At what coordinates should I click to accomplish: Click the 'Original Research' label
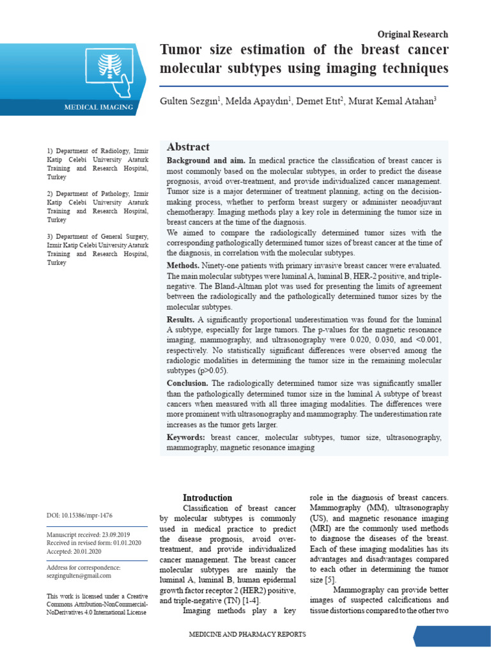(x=412, y=34)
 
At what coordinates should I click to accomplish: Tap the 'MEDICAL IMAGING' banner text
(x=98, y=107)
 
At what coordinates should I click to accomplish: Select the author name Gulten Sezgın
(x=190, y=102)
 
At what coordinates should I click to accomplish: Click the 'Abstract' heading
(x=188, y=147)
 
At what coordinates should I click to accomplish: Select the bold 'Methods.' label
(x=187, y=265)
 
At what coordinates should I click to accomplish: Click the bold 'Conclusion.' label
(x=187, y=383)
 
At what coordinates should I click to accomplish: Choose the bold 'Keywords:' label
(x=185, y=437)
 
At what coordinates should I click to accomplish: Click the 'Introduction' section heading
(x=208, y=498)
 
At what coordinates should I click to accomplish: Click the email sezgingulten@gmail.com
(x=79, y=576)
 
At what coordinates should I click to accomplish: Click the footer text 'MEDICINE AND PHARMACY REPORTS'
(x=247, y=634)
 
